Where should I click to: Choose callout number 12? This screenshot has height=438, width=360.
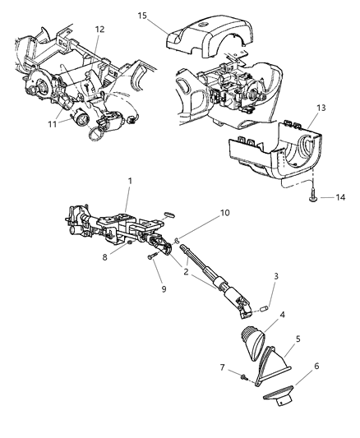point(99,30)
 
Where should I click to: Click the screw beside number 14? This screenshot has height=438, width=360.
point(292,196)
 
